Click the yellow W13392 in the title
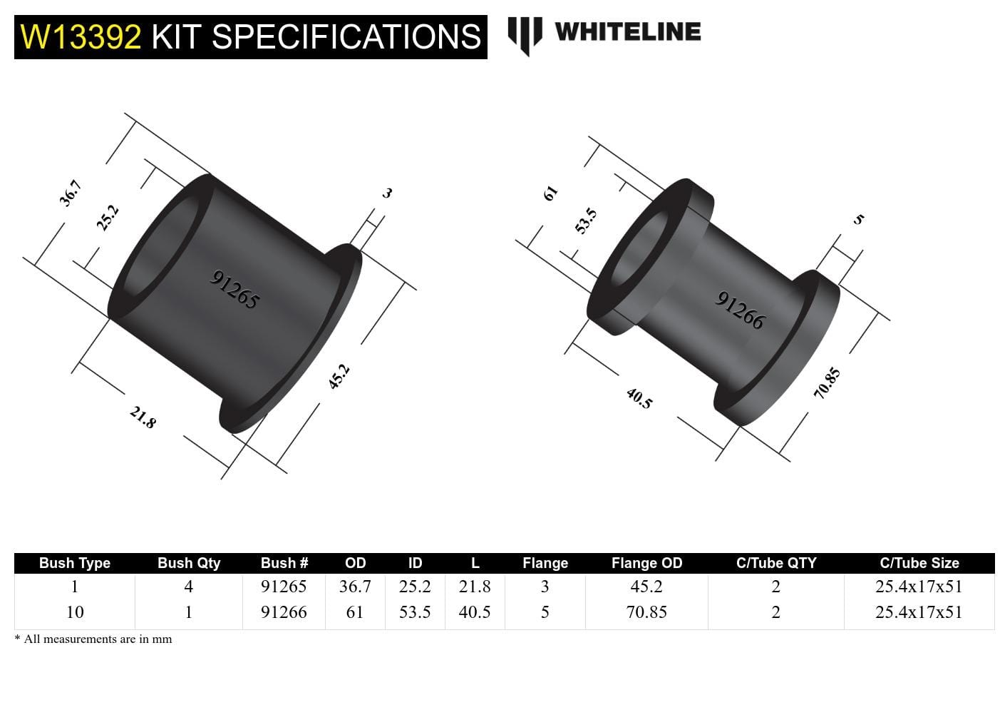coord(81,37)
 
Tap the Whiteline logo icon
coord(525,34)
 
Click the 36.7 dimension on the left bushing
coord(71,193)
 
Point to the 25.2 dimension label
coord(108,218)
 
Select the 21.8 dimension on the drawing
coord(143,417)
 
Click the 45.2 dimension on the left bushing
coord(339,376)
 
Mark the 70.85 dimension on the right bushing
coord(827,383)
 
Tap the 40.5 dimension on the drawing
coord(639,398)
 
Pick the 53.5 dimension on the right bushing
coord(586,221)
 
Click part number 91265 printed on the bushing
coord(234,289)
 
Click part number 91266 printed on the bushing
coord(740,310)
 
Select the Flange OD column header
coord(646,563)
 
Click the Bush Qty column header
coord(189,563)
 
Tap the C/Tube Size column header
coord(919,563)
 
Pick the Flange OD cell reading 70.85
coord(646,612)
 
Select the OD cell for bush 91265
coord(355,587)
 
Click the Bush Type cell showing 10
coord(75,612)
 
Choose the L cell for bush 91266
coord(475,612)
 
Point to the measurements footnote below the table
coord(93,639)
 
